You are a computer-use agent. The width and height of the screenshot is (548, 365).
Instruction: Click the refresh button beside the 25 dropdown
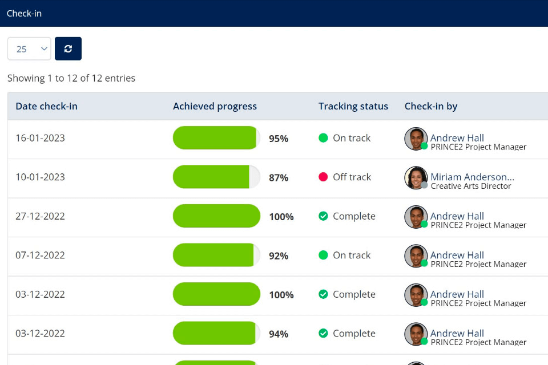pos(68,48)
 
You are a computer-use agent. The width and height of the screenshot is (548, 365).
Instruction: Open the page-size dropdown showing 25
pos(29,48)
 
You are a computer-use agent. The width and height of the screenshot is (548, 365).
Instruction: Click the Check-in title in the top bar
pos(24,13)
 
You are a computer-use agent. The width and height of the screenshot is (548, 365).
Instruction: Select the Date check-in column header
pos(46,106)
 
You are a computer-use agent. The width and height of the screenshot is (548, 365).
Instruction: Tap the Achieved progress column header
pos(215,106)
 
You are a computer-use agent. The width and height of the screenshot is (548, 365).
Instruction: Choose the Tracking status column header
pos(353,106)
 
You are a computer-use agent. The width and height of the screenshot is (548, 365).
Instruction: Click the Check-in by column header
pos(430,106)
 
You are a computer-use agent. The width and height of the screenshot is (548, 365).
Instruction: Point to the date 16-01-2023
pos(40,138)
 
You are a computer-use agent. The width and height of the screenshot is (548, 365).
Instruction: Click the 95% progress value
pos(279,139)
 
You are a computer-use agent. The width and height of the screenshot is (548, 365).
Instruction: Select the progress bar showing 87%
pos(216,177)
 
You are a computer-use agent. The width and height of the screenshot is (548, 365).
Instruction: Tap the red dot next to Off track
pos(323,177)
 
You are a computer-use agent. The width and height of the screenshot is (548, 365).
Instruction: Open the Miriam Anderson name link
pos(472,177)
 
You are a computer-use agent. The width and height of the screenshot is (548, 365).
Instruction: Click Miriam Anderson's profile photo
pos(416,177)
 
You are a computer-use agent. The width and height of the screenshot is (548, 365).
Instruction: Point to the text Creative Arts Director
pos(471,186)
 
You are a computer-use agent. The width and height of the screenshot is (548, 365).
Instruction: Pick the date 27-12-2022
pos(40,216)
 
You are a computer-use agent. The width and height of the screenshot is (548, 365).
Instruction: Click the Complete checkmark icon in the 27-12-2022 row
pos(323,216)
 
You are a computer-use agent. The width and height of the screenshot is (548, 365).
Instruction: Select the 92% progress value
pos(279,256)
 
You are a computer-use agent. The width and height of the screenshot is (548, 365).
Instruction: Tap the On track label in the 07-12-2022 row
pos(352,255)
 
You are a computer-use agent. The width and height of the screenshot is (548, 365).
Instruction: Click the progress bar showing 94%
pos(216,333)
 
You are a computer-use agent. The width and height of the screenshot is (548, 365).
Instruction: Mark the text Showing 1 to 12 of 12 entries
pos(71,78)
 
